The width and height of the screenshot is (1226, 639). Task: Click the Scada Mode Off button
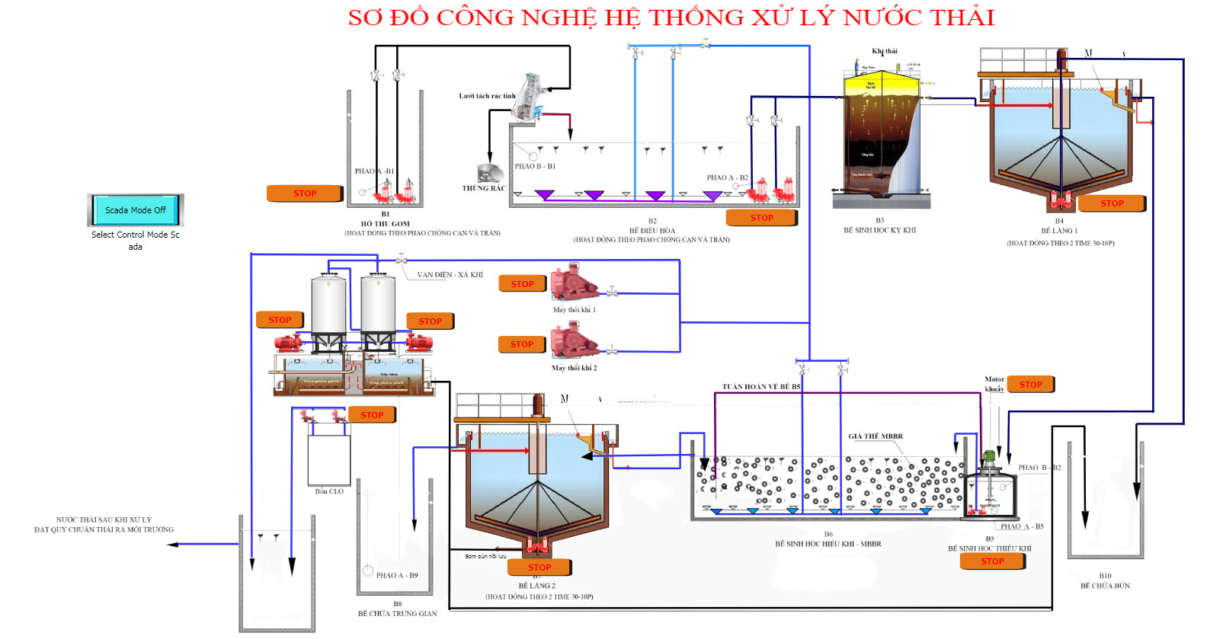(x=135, y=210)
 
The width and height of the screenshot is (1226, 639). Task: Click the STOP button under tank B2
(x=761, y=218)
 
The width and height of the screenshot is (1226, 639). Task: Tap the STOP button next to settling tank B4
(x=1112, y=203)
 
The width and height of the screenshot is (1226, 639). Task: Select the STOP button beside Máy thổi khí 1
(x=522, y=284)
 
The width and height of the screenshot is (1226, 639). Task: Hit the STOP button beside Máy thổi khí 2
(x=521, y=344)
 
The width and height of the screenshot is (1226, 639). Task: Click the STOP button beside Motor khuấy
(x=1030, y=385)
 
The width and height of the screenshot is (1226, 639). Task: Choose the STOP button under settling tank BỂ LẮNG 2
(x=539, y=567)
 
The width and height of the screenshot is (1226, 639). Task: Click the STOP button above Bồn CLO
(x=372, y=415)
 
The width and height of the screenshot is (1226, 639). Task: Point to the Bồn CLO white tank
(x=329, y=459)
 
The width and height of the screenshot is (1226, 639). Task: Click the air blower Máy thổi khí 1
(x=574, y=283)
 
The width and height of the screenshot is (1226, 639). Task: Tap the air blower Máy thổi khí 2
(x=574, y=340)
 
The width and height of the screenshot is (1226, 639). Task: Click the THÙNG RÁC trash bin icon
(x=489, y=174)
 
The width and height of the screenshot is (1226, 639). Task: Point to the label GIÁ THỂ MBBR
(x=875, y=436)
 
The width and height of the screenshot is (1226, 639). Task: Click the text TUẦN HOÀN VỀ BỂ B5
(x=761, y=387)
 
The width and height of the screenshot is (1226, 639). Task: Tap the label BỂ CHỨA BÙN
(x=1105, y=586)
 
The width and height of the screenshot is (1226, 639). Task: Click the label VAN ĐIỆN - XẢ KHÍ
(x=450, y=275)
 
